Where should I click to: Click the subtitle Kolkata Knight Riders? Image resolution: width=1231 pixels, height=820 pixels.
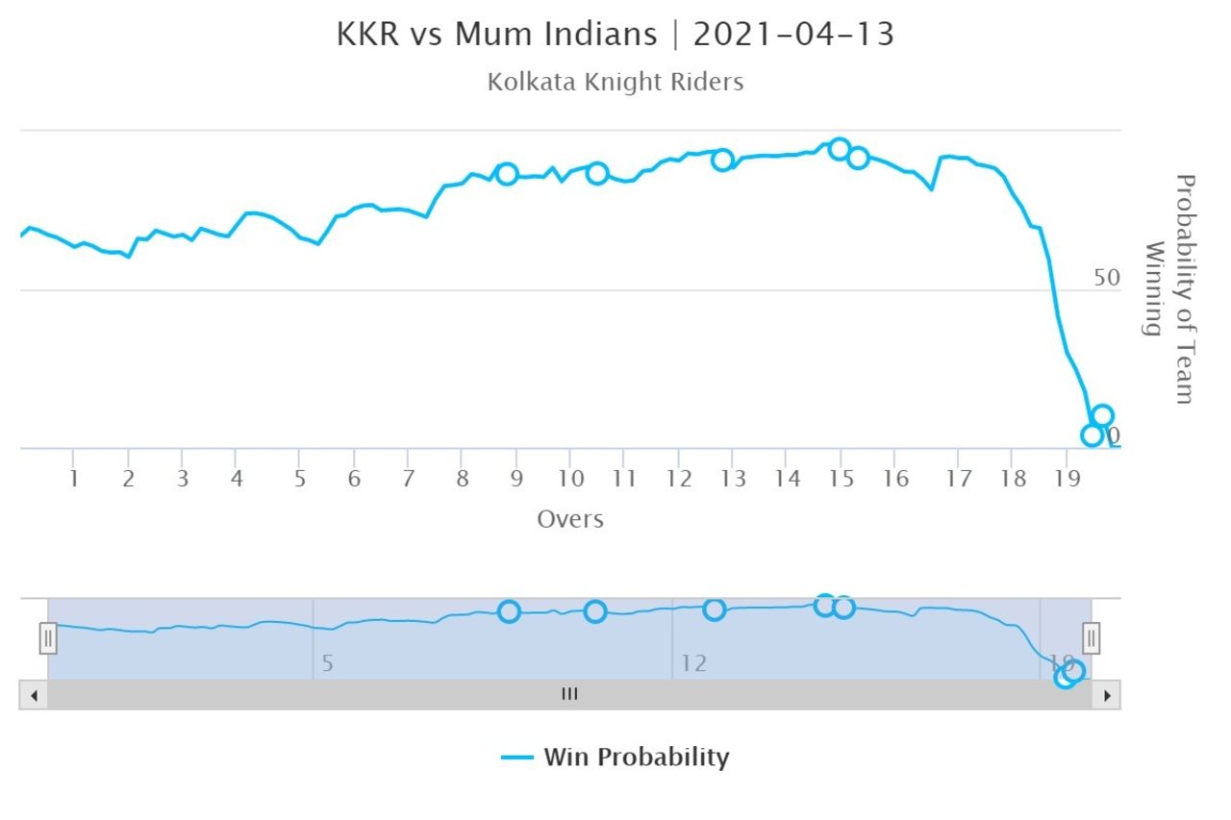[x=615, y=82]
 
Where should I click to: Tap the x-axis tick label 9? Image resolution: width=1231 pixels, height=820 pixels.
[x=516, y=478]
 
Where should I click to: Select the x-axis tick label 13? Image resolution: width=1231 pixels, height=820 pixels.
[x=733, y=478]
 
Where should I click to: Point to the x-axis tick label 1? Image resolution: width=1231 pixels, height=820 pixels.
[x=73, y=478]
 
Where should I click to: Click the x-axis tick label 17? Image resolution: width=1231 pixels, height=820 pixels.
[x=958, y=478]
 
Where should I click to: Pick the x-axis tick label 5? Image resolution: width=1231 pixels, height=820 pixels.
[x=299, y=478]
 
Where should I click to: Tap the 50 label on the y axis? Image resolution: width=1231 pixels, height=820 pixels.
[x=1107, y=278]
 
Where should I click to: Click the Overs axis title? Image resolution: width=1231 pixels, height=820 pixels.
[x=570, y=519]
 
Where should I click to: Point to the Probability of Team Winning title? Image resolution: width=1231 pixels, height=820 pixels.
[x=1170, y=288]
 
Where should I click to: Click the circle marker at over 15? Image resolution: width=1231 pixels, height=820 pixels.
[x=840, y=149]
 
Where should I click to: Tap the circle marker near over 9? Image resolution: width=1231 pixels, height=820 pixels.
[x=507, y=174]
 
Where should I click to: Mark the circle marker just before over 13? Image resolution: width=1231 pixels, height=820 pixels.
[x=722, y=160]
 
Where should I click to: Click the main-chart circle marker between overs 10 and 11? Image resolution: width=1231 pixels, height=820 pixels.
[x=597, y=173]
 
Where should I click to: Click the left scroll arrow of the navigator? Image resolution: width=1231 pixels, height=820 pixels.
[x=34, y=695]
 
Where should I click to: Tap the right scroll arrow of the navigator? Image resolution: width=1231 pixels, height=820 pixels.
[x=1107, y=695]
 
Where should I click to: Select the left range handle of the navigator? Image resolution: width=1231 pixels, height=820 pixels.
[x=48, y=637]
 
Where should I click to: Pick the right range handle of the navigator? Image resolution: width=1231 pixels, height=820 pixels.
[x=1092, y=637]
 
